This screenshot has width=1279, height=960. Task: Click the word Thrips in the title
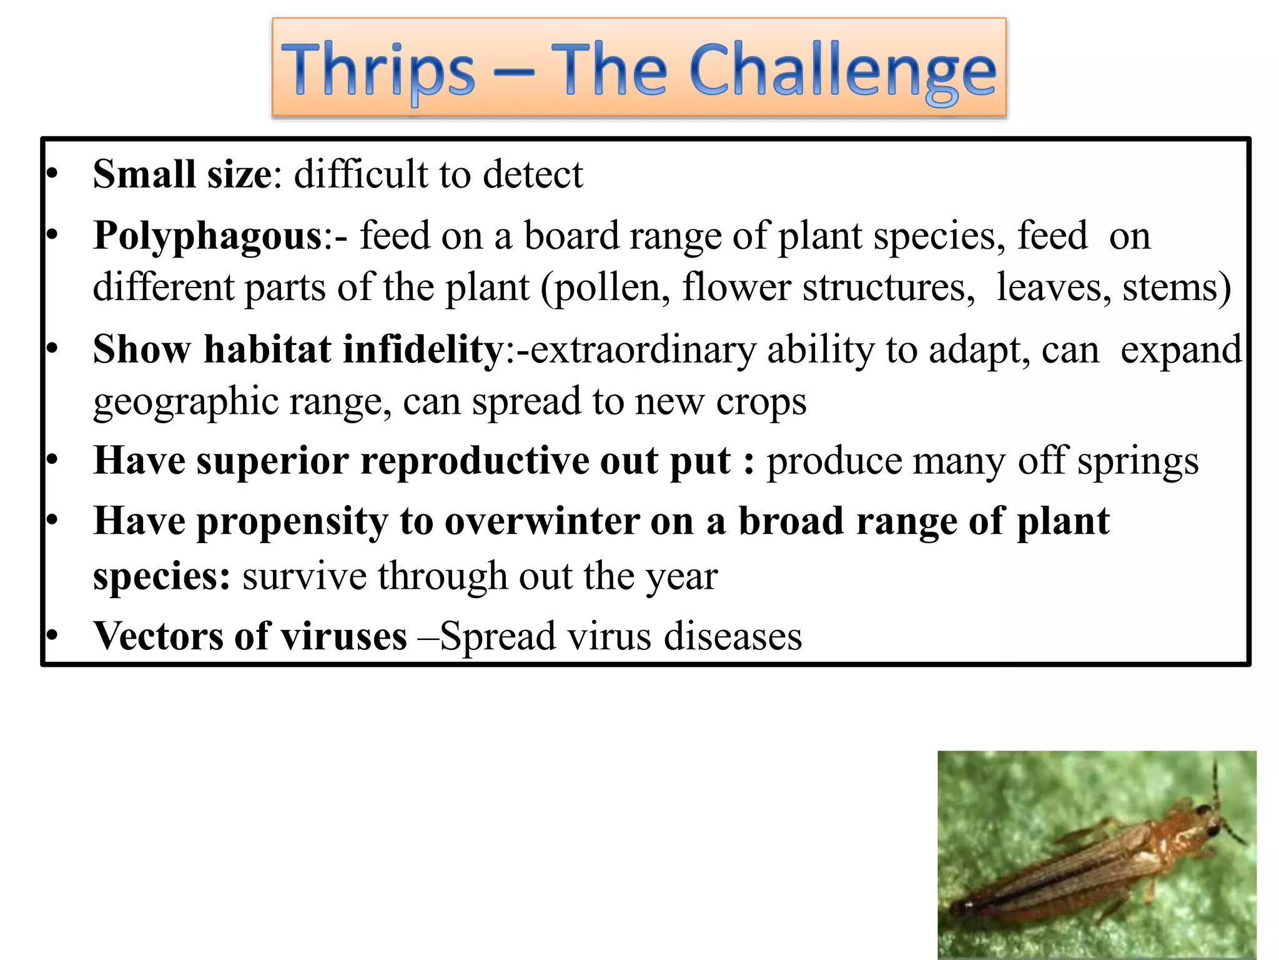[x=378, y=70]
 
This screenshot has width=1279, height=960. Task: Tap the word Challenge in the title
[x=843, y=70]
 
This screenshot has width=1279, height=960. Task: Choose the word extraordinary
[x=643, y=351]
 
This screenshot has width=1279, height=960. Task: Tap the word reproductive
[x=475, y=462]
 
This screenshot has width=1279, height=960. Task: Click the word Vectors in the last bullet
[x=156, y=636]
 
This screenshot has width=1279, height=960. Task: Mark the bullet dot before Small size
[x=52, y=174]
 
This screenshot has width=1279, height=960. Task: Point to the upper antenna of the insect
[x=1215, y=781]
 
